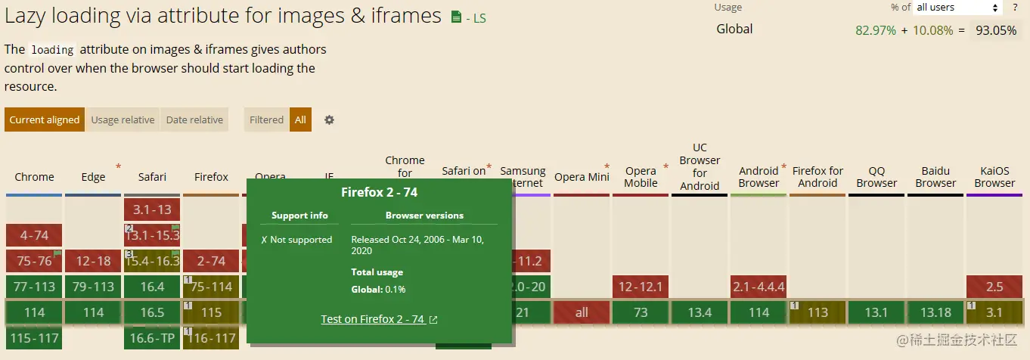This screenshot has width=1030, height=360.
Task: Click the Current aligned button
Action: [45, 119]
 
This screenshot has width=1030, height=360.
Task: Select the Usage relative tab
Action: [123, 119]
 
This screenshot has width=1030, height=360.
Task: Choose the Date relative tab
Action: [194, 119]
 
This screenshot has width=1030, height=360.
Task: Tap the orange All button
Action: [300, 119]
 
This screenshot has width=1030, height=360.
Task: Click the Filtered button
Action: [266, 119]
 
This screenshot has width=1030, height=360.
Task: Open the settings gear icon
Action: [329, 119]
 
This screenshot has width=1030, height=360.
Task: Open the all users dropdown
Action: [957, 8]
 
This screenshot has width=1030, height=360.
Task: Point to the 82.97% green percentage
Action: [876, 30]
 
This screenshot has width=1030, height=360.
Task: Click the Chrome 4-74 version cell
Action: [34, 235]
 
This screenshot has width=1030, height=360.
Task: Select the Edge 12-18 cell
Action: [93, 261]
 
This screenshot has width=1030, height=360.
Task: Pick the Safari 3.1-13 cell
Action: [152, 209]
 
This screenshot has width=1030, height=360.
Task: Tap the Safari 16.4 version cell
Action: [152, 287]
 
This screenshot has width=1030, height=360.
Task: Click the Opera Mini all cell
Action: [581, 312]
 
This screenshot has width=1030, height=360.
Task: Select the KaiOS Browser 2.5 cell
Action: [994, 287]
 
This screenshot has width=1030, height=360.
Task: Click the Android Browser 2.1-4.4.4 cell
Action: [759, 287]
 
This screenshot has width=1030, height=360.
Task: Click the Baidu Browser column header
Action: [935, 177]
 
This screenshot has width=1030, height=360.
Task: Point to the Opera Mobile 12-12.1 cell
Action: [640, 287]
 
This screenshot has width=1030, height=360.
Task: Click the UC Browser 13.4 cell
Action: [700, 312]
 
